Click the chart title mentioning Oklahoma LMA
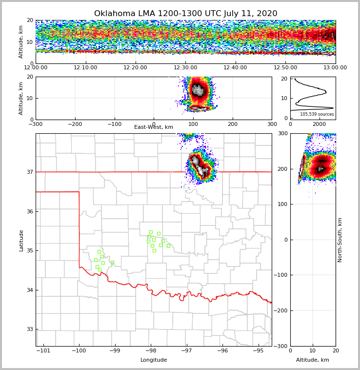(185, 14)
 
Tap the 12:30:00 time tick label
(185, 68)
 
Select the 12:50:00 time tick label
(285, 68)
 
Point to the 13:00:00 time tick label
(335, 68)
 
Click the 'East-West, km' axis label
(154, 127)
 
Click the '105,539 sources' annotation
(317, 114)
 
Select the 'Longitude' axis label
(154, 360)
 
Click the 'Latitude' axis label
(21, 240)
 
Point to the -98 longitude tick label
(151, 351)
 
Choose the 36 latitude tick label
(29, 211)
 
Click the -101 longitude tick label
(43, 351)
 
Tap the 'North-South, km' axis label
(340, 240)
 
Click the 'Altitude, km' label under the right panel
(313, 360)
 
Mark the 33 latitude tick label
(29, 329)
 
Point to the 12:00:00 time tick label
(36, 68)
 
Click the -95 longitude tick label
(259, 351)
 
